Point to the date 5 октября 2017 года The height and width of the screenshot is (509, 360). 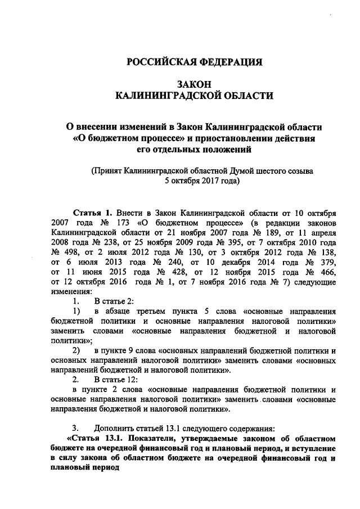(202, 181)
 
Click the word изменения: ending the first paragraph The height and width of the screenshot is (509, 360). (71, 292)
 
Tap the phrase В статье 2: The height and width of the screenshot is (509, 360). (114, 301)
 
